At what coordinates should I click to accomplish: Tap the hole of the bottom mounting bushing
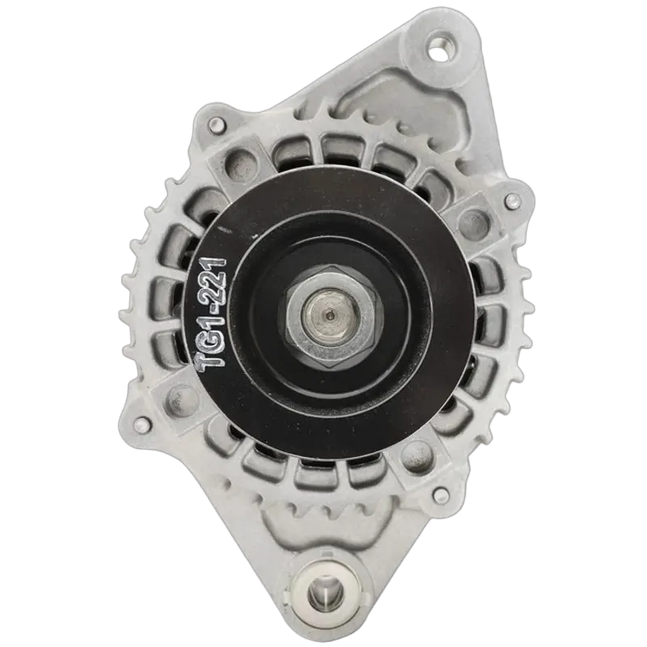click(326, 590)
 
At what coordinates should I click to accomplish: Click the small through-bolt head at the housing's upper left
click(215, 124)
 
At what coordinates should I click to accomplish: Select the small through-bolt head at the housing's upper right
click(510, 201)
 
